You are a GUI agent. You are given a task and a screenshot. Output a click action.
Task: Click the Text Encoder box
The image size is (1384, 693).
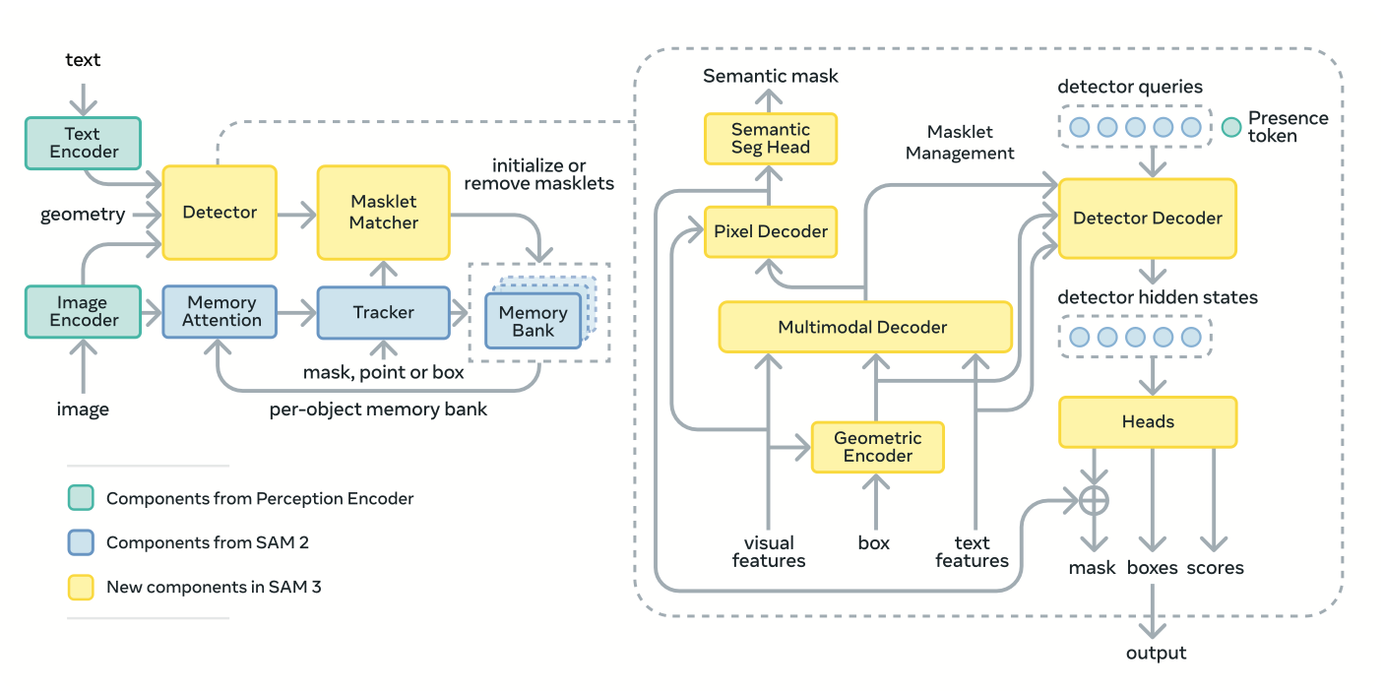pyautogui.click(x=84, y=142)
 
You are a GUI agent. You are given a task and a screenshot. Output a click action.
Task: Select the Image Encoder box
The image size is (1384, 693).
pyautogui.click(x=84, y=311)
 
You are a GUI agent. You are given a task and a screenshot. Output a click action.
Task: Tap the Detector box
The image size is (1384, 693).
pyautogui.click(x=220, y=212)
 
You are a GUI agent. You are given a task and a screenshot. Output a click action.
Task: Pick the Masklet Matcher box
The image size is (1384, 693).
pyautogui.click(x=383, y=212)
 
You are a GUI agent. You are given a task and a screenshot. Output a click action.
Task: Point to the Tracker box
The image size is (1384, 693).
pyautogui.click(x=383, y=312)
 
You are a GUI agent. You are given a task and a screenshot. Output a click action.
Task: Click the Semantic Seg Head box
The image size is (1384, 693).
pyautogui.click(x=771, y=139)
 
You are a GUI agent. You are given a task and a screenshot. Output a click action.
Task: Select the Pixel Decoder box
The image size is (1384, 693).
pyautogui.click(x=771, y=232)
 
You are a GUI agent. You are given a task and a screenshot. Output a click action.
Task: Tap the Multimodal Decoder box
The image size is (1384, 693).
pyautogui.click(x=864, y=327)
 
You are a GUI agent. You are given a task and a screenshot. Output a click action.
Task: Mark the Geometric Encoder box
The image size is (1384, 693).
pyautogui.click(x=877, y=447)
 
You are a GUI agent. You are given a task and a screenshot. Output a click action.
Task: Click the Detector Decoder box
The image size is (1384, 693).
pyautogui.click(x=1147, y=219)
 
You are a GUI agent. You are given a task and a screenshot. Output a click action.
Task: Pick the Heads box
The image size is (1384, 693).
pyautogui.click(x=1147, y=421)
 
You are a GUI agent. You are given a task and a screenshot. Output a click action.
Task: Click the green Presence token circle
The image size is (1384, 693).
pyautogui.click(x=1230, y=127)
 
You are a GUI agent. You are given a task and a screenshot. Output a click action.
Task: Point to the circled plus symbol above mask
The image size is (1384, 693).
pyautogui.click(x=1094, y=500)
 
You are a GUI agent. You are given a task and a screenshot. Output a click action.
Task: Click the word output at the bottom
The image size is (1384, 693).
pyautogui.click(x=1156, y=653)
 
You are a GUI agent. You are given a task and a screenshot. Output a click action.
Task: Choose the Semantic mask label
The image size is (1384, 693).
pyautogui.click(x=771, y=75)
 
